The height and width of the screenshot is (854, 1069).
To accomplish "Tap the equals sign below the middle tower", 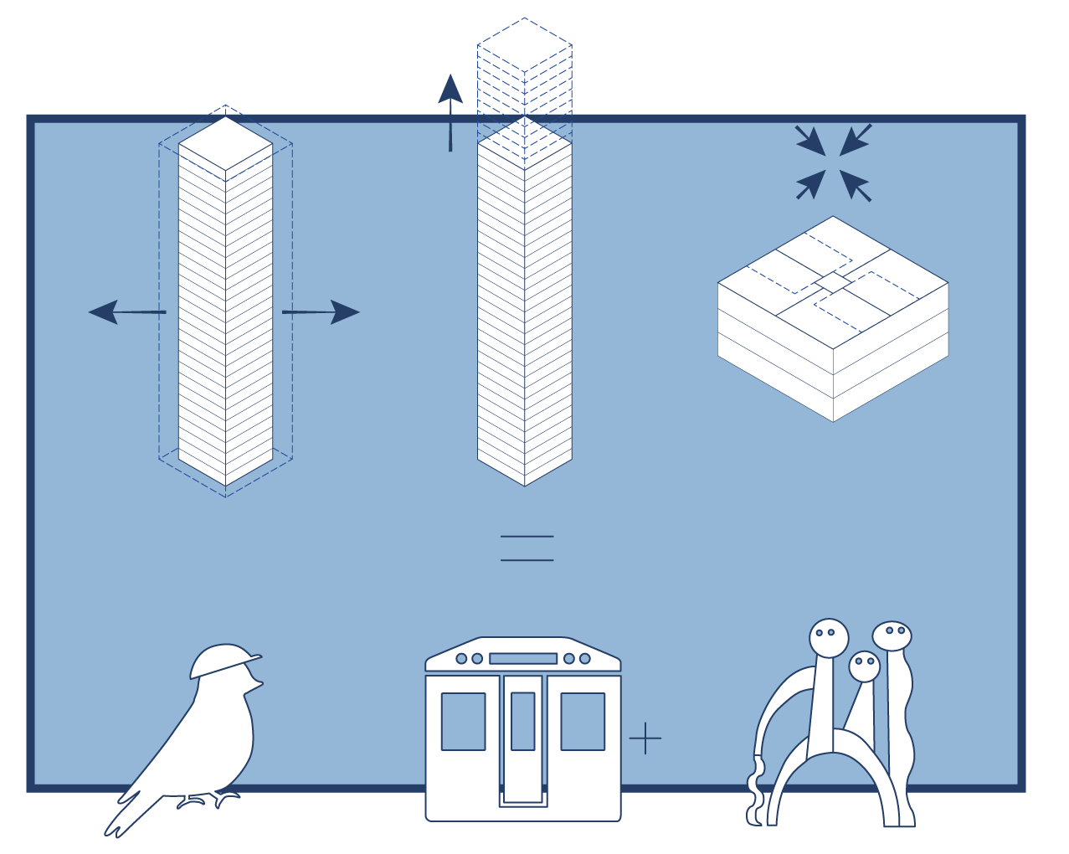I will tap(527, 548).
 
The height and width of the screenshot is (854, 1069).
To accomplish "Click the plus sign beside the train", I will tap(645, 738).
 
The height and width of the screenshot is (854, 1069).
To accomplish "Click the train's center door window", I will tap(523, 721).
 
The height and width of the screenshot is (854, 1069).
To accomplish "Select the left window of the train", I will tap(463, 721).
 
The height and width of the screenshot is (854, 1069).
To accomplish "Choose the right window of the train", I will tap(583, 721).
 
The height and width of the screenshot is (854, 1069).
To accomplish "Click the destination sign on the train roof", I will tap(523, 659).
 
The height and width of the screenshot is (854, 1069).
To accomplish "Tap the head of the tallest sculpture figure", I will tap(829, 637).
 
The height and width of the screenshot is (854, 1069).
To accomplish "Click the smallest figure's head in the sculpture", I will tap(864, 666).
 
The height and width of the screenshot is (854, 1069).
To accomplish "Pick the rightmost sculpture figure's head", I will tap(892, 635).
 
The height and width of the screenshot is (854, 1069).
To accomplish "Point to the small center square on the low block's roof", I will tap(833, 282).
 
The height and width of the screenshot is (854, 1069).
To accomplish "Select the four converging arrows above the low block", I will tap(833, 163).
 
